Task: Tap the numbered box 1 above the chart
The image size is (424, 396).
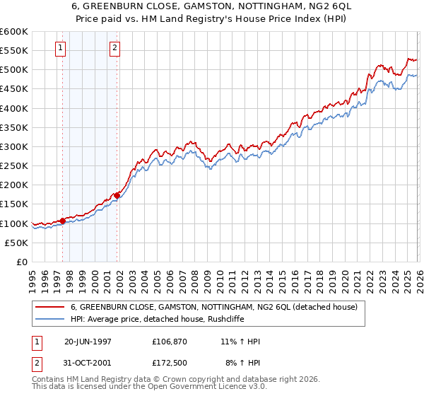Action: click(60, 48)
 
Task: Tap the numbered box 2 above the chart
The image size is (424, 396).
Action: click(114, 48)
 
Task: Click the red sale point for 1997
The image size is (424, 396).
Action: click(63, 221)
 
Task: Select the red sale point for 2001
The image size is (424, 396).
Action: click(117, 196)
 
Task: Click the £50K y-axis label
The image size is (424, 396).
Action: click(17, 243)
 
